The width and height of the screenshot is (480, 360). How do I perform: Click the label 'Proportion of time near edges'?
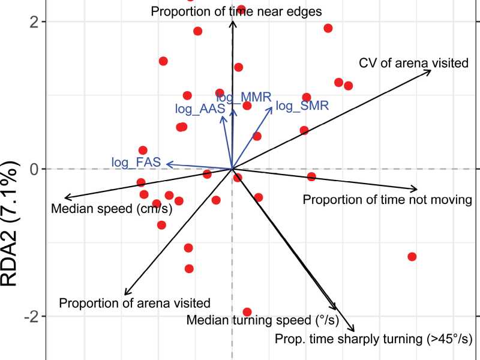tap(236, 11)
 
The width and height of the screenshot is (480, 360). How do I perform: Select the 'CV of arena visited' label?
tap(413, 62)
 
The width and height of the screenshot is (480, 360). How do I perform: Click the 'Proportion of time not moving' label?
tap(388, 199)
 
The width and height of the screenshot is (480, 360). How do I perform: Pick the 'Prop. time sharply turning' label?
tap(373, 339)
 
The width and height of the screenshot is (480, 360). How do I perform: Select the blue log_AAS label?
tap(200, 109)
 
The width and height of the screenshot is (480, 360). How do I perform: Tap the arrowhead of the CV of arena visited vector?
tap(430, 71)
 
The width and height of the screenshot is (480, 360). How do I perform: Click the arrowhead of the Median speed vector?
tap(66, 197)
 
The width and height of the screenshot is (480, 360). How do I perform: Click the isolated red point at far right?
tap(412, 257)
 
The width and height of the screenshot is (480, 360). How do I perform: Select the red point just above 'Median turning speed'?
tap(247, 312)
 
